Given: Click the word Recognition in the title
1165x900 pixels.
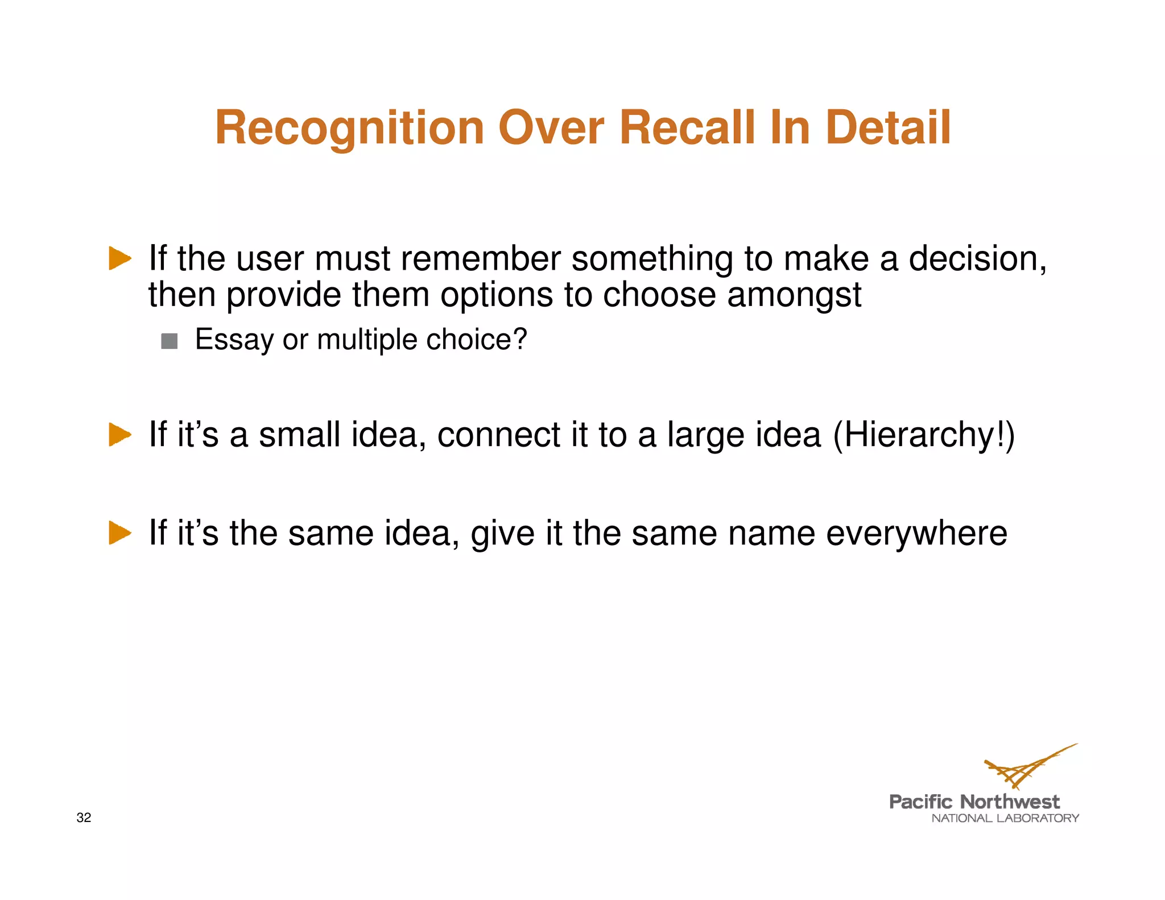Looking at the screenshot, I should pos(349,129).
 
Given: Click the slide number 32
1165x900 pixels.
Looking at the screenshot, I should pos(84,818).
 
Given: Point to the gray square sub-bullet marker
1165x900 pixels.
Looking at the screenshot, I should pos(170,341).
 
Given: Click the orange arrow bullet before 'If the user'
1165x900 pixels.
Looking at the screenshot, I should pos(119,259).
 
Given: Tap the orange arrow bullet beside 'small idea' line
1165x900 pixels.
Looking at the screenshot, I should pos(119,435).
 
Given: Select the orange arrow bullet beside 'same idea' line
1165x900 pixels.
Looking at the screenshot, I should pos(119,533).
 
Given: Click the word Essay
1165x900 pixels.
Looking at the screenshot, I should pos(234,340).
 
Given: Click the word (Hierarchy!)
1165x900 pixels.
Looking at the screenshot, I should pos(924,435).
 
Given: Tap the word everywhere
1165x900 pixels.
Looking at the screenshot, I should pos(916,533).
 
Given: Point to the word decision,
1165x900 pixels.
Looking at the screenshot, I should pos(977,259).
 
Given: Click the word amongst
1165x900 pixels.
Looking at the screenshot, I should pos(794,295).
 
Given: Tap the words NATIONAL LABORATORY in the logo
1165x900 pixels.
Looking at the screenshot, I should pos(1005,818).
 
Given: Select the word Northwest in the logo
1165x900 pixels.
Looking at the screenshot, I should pos(1010,802).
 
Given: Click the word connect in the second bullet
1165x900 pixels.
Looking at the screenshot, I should pos(499,435).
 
